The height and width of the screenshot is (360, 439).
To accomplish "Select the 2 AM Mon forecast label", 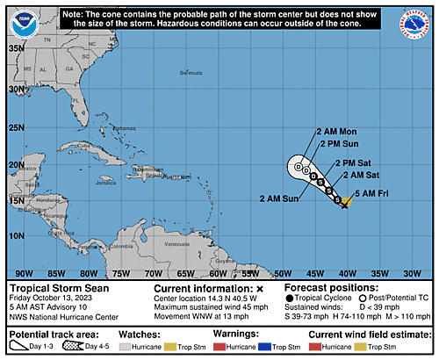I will tap(336, 132).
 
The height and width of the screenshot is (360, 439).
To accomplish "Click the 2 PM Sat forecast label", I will tap(356, 162).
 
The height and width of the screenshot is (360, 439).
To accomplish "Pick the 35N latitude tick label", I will tap(15, 47).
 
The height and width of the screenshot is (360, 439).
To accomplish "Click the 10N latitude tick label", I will tap(15, 235).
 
